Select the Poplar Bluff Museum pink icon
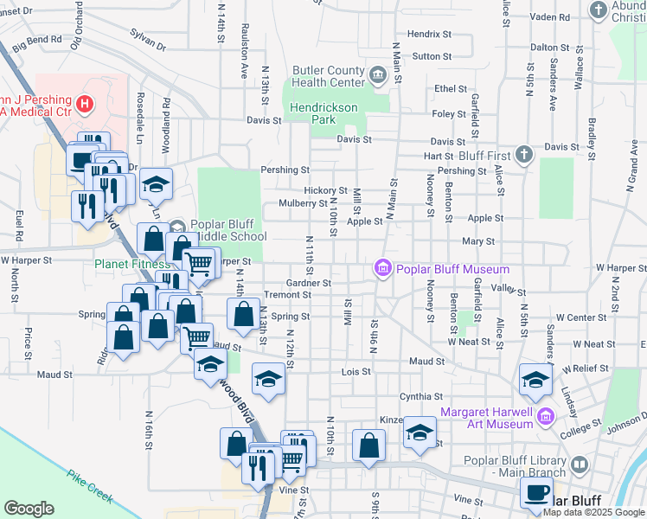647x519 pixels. (382, 269)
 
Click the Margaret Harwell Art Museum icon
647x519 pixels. (545, 418)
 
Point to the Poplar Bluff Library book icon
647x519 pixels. (580, 465)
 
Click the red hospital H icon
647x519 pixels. (85, 106)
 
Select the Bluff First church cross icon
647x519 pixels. (523, 155)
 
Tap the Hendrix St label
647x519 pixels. (429, 34)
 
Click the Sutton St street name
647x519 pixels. (432, 56)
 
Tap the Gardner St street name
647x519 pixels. (309, 283)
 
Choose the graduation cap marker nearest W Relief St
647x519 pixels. (535, 378)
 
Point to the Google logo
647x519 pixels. (29, 509)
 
